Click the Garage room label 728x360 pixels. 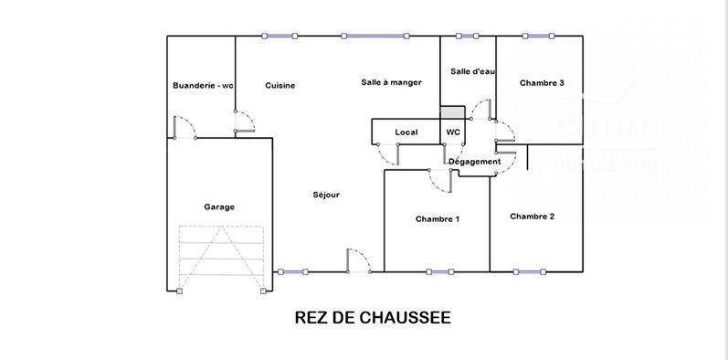click(x=218, y=206)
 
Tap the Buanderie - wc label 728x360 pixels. click(x=203, y=86)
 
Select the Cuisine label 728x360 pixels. click(x=280, y=86)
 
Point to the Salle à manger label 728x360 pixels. click(x=391, y=82)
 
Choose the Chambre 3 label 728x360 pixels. click(x=542, y=83)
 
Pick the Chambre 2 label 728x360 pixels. click(x=533, y=217)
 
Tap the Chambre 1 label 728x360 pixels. click(x=438, y=219)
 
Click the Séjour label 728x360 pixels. click(x=326, y=194)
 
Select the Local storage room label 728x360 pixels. click(x=406, y=132)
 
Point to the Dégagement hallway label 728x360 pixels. click(x=475, y=162)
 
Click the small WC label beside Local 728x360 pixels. click(x=453, y=132)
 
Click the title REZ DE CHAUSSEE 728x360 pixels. click(x=373, y=318)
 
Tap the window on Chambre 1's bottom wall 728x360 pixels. click(x=440, y=271)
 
